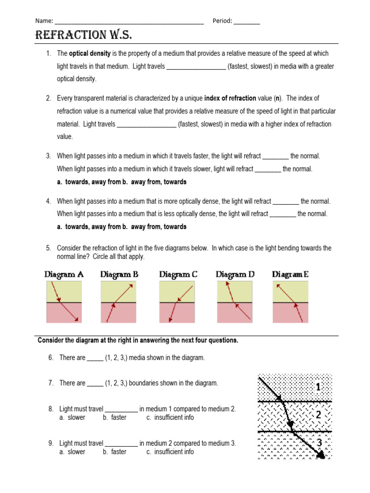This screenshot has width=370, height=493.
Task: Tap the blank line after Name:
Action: (x=129, y=22)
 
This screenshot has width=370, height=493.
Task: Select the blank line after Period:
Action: (x=246, y=22)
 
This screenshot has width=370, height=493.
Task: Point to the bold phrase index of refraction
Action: (x=230, y=98)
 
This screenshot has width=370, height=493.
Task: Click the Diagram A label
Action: (x=64, y=274)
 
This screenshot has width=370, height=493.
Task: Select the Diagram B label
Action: (x=119, y=274)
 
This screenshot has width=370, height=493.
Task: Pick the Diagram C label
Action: (x=178, y=274)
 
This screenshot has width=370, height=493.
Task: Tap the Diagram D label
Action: (x=235, y=274)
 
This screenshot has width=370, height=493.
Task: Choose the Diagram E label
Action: (x=290, y=274)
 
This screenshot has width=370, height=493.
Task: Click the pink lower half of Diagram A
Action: (x=64, y=313)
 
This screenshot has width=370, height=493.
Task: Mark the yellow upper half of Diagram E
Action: (x=291, y=291)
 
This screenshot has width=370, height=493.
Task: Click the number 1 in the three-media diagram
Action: (x=318, y=387)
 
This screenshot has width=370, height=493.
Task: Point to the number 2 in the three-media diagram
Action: (x=318, y=415)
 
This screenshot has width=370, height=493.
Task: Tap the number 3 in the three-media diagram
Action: (x=318, y=442)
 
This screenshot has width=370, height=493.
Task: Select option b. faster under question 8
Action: (x=114, y=417)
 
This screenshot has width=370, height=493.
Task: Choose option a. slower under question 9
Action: (x=72, y=452)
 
